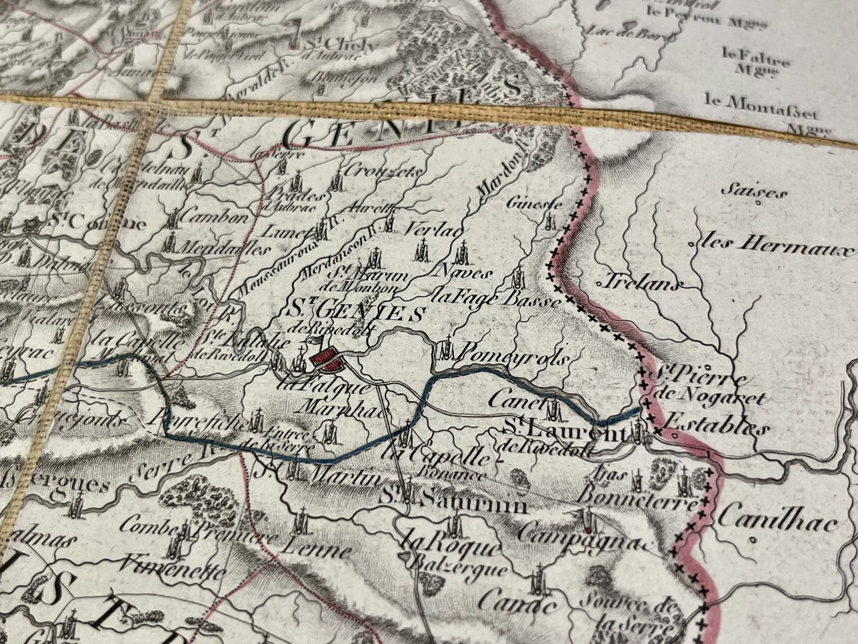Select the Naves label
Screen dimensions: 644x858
pos(464,273)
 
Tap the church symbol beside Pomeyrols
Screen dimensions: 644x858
pos(446,349)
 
